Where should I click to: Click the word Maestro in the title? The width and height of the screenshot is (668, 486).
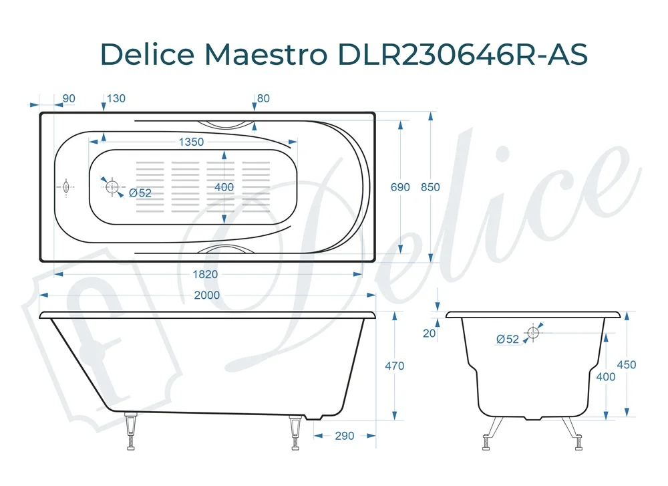tap(266, 54)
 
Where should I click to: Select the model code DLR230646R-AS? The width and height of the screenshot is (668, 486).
tap(463, 54)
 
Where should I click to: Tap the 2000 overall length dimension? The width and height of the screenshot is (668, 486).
tap(207, 295)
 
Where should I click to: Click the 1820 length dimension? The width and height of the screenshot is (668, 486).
tap(205, 274)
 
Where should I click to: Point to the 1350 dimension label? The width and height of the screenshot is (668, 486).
tap(191, 142)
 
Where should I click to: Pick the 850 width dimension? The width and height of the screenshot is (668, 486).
tap(430, 187)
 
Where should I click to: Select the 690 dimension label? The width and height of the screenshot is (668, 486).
tap(400, 187)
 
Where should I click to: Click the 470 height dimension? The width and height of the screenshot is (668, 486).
tap(395, 366)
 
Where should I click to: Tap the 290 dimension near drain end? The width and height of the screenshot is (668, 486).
tap(344, 436)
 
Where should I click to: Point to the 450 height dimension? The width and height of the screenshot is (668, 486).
tap(627, 365)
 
